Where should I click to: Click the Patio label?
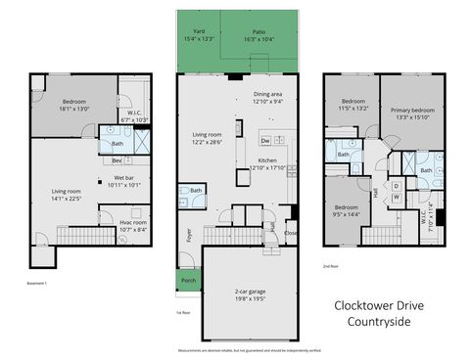(x=259, y=34)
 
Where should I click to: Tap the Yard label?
(x=199, y=34)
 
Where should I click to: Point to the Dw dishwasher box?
(x=238, y=141)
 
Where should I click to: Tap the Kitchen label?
(x=270, y=163)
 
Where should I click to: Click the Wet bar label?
(x=122, y=181)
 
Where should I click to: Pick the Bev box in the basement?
(x=117, y=159)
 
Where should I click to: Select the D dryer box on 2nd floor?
(x=397, y=185)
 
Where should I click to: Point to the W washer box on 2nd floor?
(x=397, y=196)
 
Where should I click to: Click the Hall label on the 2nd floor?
(x=377, y=192)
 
